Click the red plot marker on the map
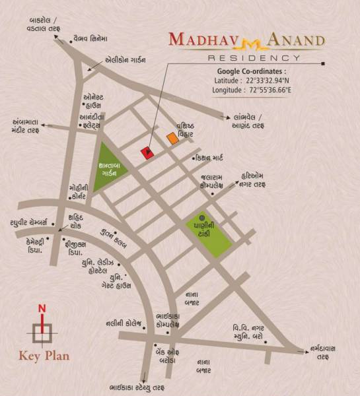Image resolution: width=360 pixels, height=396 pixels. [149, 152]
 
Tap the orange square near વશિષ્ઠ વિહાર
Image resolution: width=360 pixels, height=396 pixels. [172, 139]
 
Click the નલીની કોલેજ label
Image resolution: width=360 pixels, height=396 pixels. [124, 323]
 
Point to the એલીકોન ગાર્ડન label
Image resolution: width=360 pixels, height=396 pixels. [126, 59]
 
